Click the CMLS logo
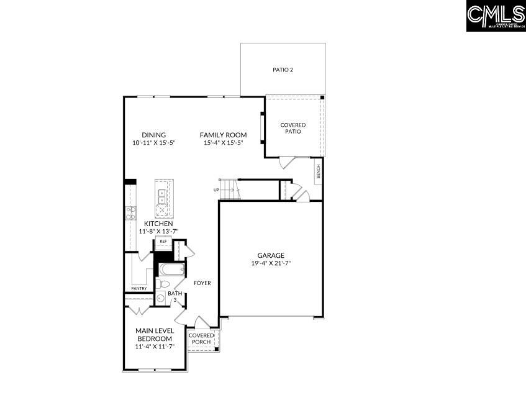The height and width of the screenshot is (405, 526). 495,16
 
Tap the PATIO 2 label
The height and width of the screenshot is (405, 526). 283,70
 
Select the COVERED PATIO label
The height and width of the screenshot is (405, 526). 292,128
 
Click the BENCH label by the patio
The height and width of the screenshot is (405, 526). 318,170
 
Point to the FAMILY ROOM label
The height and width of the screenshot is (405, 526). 223,135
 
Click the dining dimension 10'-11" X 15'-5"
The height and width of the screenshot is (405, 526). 153,143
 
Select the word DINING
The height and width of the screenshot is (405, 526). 153,135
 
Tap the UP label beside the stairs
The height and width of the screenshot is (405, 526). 216,189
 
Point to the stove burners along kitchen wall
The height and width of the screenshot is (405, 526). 131,214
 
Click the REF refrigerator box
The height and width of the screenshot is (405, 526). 163,242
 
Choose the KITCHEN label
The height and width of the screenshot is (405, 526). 158,224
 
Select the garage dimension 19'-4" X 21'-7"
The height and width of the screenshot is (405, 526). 271,263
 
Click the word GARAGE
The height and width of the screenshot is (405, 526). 271,255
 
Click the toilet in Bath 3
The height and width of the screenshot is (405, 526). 163,284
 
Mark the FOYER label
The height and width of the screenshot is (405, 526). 202,283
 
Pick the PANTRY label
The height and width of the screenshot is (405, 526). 139,288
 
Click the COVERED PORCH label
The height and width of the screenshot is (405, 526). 201,339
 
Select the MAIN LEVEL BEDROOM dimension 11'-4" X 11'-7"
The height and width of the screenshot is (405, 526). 153,347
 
